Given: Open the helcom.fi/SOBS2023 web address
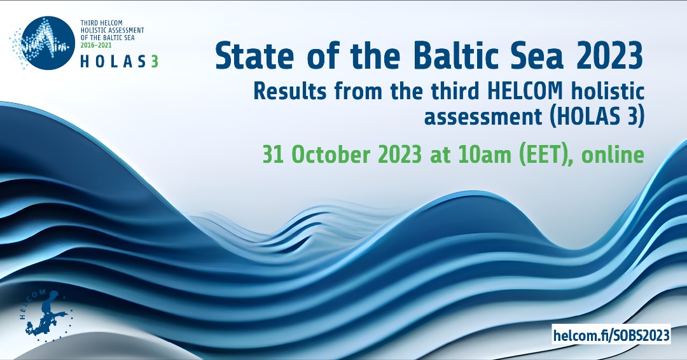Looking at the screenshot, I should (x=611, y=335).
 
